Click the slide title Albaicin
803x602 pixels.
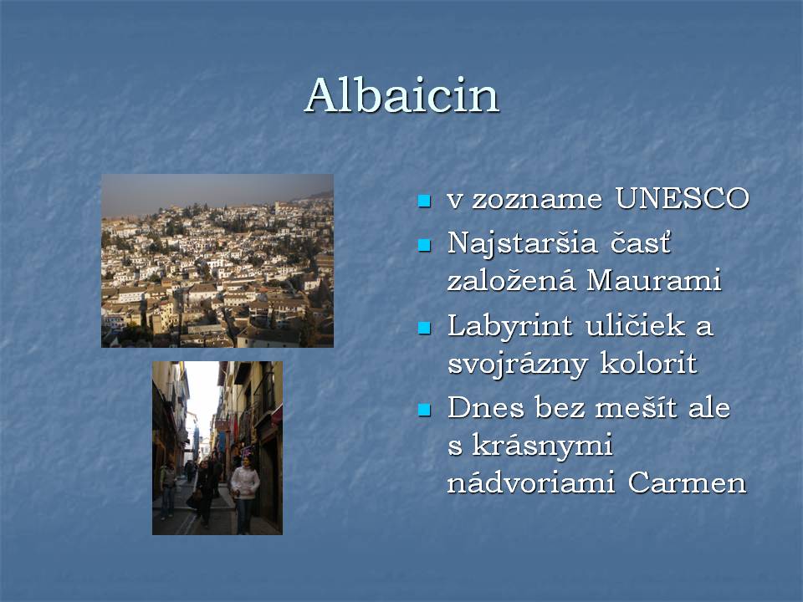pyautogui.click(x=402, y=95)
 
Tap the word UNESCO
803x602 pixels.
pyautogui.click(x=683, y=198)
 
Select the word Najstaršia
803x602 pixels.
pyautogui.click(x=522, y=243)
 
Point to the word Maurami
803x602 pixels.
pyautogui.click(x=654, y=280)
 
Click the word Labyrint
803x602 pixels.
pyautogui.click(x=509, y=327)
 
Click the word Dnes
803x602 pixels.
pyautogui.click(x=486, y=408)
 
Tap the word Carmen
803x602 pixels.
pyautogui.click(x=687, y=482)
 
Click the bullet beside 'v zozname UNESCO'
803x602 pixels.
pyautogui.click(x=424, y=200)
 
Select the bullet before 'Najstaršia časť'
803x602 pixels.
pyautogui.click(x=424, y=245)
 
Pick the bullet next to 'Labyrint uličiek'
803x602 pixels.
pyautogui.click(x=424, y=328)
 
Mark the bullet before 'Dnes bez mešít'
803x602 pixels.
pyautogui.click(x=424, y=410)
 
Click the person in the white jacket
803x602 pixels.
pyautogui.click(x=244, y=492)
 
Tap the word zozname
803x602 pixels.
pyautogui.click(x=537, y=200)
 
